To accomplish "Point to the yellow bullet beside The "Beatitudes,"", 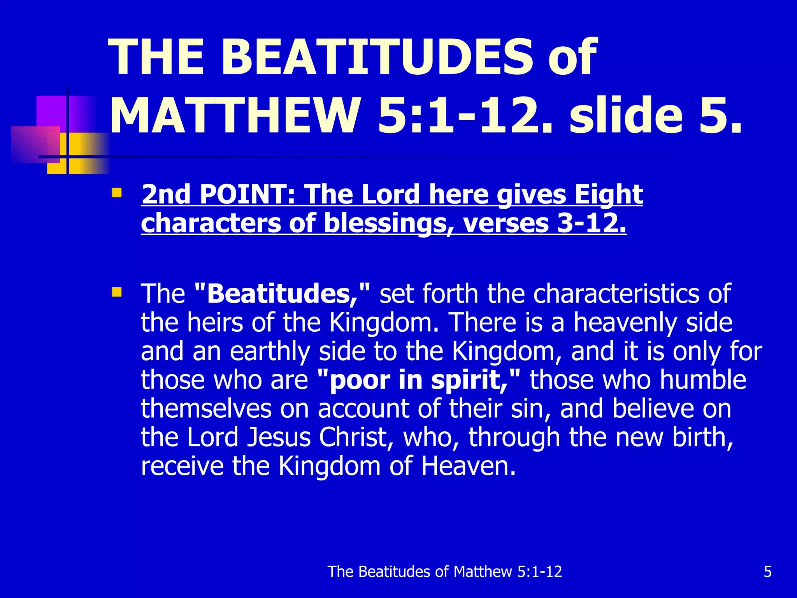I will tap(116, 292).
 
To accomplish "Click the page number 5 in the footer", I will tap(767, 572).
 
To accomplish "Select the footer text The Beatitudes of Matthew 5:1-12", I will tap(445, 572).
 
